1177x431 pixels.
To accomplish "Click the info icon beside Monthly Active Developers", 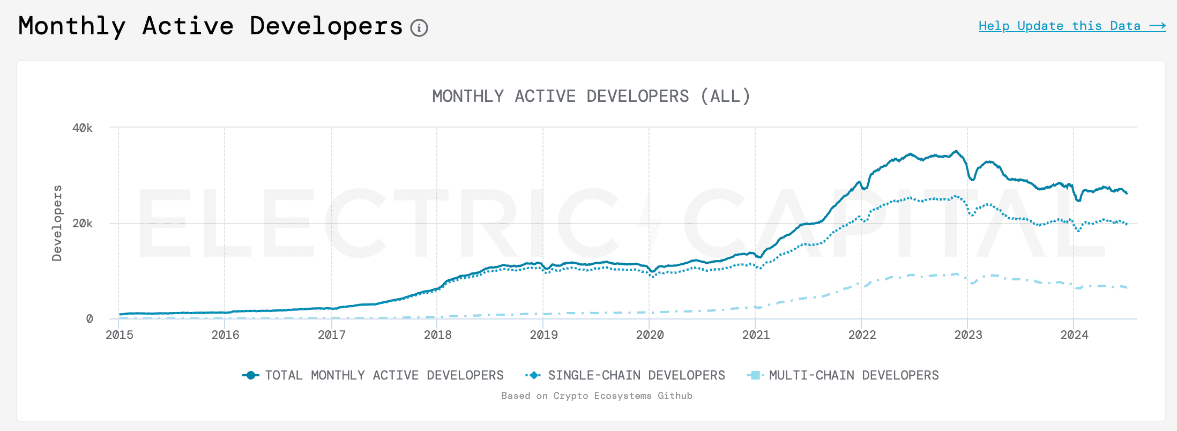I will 419,27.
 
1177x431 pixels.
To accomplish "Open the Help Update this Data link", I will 1072,26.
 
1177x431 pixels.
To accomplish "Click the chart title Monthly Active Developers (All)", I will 591,96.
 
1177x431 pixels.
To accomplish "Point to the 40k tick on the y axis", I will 83,128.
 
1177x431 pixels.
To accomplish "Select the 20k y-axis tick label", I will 83,223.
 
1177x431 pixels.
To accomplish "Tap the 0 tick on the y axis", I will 90,319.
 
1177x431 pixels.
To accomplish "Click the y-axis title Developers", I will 57,223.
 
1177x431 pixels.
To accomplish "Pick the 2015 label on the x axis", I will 119,335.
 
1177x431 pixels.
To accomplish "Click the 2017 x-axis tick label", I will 332,335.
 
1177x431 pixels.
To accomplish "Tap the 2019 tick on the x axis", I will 543,335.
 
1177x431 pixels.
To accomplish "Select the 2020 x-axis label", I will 650,335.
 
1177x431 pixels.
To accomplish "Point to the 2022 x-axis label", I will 862,335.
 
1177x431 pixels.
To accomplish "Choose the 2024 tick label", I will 1074,335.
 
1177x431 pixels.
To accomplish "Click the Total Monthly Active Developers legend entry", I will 384,375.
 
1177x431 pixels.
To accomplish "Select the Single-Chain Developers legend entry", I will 636,375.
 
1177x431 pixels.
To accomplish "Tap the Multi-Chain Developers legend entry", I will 854,375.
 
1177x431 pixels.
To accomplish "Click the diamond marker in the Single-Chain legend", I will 534,375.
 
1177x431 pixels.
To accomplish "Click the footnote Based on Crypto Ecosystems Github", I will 597,396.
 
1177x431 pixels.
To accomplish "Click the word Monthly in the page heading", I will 72,26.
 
